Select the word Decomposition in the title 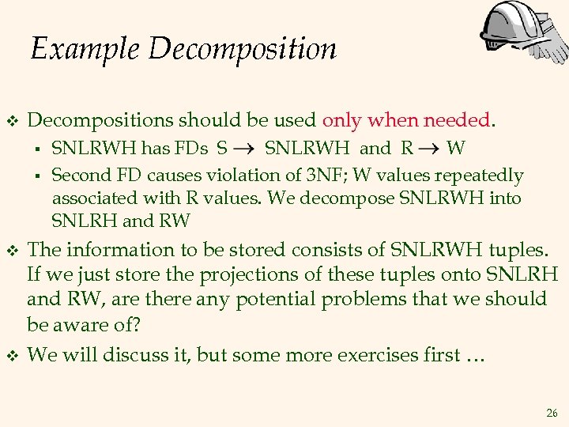242,51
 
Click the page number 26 551,413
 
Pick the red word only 341,121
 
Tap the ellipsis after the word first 474,357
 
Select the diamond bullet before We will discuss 11,355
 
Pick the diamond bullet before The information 11,251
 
